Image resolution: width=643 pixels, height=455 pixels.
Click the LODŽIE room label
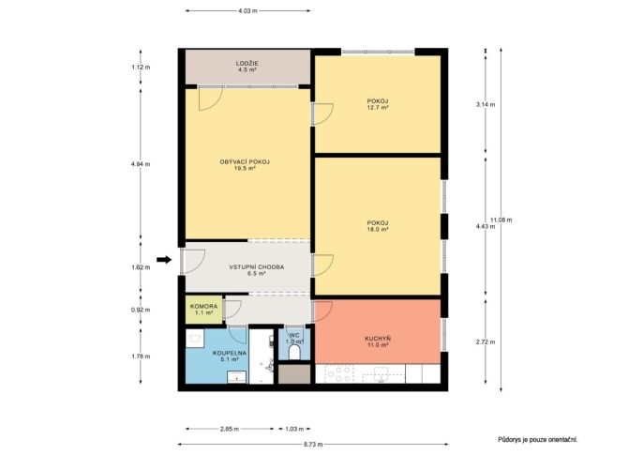pos(247,64)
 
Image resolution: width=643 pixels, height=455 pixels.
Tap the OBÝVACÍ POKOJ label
pos(245,162)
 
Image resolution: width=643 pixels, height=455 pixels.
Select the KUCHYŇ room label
pos(378,339)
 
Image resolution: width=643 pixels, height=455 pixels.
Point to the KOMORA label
pos(203,307)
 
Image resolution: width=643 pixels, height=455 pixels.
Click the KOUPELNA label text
pos(230,353)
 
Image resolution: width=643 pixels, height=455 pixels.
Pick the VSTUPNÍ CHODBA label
pos(257,267)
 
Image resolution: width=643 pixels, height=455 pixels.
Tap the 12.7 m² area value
pos(378,108)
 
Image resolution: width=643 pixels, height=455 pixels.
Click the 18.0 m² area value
pos(378,229)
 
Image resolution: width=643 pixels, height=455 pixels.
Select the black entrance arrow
pos(164,259)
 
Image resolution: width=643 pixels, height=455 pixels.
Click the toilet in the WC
pos(294,352)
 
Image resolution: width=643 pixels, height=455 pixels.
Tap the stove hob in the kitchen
pos(338,373)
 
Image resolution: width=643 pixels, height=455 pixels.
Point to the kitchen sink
pos(381,373)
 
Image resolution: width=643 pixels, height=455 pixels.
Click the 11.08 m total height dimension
pos(501,220)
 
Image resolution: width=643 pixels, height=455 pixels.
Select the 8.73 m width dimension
pos(312,444)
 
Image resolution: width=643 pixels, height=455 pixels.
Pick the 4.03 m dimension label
pos(247,11)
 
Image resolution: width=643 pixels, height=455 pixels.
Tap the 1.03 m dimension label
pos(294,429)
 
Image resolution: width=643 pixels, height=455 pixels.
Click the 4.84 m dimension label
pos(141,164)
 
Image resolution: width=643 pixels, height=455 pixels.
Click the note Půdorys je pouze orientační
pos(538,440)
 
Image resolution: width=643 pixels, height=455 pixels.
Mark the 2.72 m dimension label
pos(486,341)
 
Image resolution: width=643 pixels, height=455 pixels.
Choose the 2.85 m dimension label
pos(230,429)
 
